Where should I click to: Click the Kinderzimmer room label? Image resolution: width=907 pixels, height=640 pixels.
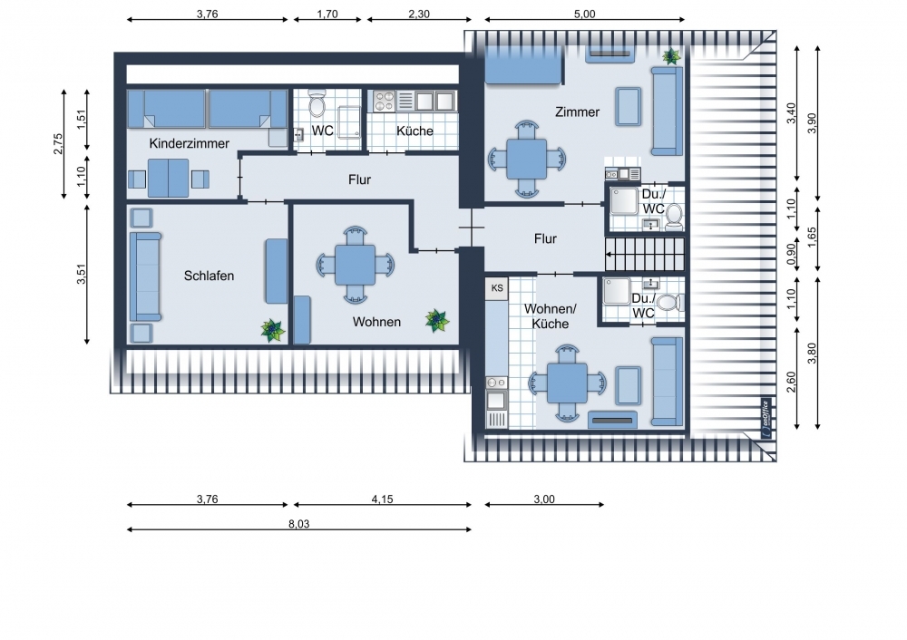190,143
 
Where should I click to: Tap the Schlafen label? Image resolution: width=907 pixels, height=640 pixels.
209,276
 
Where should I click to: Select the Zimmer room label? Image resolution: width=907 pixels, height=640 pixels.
577,112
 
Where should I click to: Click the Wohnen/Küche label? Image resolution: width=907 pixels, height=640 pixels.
551,316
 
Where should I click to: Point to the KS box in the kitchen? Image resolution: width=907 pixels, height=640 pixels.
497,288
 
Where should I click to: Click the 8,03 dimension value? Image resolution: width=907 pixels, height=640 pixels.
299,524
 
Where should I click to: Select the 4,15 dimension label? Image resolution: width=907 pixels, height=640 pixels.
383,499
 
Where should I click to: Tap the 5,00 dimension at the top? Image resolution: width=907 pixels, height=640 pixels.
584,14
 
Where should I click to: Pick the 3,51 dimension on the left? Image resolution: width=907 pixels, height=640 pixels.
81,274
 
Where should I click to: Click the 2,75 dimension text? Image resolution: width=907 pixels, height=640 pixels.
58,144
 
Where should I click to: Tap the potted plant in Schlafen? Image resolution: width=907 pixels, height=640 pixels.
272,330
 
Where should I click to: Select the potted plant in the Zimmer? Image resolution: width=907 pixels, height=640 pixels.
671,56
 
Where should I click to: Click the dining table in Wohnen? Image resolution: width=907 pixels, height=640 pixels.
356,265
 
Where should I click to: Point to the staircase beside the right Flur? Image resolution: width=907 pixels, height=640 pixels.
645,254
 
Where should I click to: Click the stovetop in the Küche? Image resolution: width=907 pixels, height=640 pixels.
384,102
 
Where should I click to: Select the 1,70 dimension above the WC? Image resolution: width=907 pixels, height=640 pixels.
327,14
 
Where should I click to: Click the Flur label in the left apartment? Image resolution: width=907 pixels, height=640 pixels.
359,179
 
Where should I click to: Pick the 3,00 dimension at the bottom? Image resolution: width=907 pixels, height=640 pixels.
543,499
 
